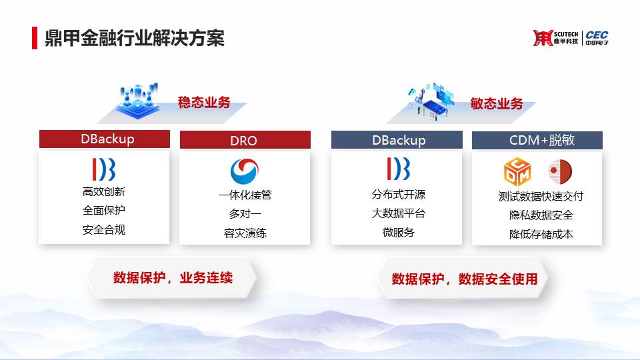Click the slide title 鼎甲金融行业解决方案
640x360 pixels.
click(x=135, y=39)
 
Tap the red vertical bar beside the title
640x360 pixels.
click(x=35, y=38)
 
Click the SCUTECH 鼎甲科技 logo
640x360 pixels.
click(x=555, y=38)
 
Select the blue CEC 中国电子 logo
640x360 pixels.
click(x=597, y=38)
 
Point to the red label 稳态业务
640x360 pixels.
click(x=204, y=103)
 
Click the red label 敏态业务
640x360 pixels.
click(x=497, y=104)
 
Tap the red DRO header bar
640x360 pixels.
click(x=245, y=140)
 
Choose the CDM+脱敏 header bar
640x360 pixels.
click(x=537, y=140)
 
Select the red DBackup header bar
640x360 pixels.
click(x=105, y=139)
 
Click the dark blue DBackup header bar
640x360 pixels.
click(x=397, y=140)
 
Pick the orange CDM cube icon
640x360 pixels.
click(x=517, y=171)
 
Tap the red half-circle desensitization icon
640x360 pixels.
click(x=561, y=171)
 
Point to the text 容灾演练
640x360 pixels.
click(x=245, y=233)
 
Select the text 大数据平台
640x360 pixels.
click(x=399, y=213)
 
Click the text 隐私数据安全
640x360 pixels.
click(x=541, y=215)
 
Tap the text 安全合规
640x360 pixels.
click(x=104, y=230)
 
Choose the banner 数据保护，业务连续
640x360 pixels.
click(x=172, y=278)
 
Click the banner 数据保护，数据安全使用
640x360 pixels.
click(x=464, y=279)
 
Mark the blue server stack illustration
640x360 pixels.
click(x=139, y=101)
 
